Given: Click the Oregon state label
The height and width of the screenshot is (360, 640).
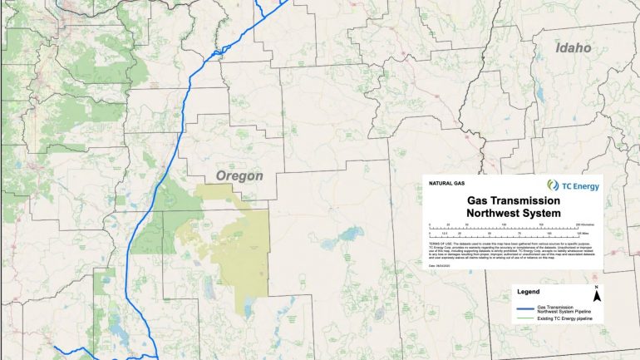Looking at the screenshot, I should pyautogui.click(x=239, y=176).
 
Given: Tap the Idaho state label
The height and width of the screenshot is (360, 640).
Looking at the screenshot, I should pyautogui.click(x=574, y=48).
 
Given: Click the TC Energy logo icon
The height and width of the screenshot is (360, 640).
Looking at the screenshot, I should pyautogui.click(x=554, y=185).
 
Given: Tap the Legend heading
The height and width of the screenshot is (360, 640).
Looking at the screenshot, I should pyautogui.click(x=529, y=292).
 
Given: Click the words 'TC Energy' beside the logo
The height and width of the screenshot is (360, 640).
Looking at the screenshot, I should pyautogui.click(x=579, y=186).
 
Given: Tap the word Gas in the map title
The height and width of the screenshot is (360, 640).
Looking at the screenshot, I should pyautogui.click(x=482, y=201).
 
